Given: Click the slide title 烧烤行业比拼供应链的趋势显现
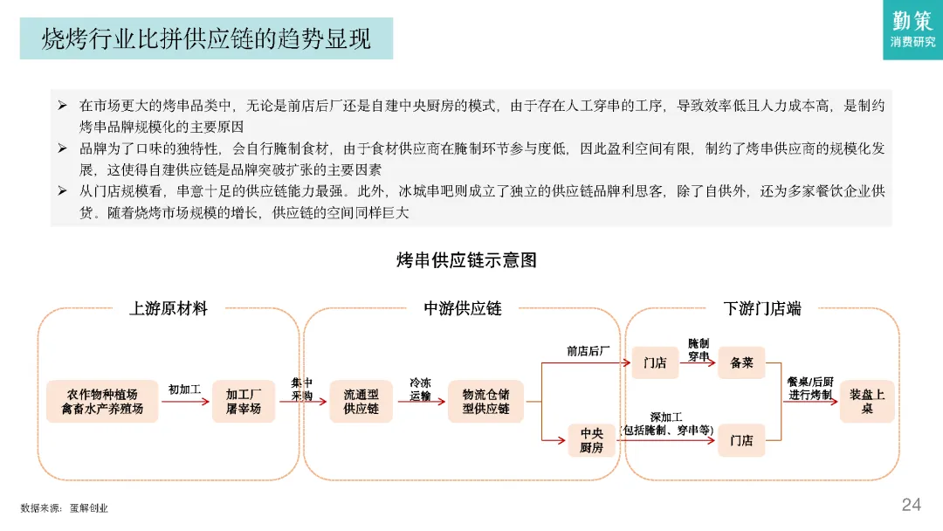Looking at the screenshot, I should pos(206,38).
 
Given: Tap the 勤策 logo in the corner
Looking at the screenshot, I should pos(912,30).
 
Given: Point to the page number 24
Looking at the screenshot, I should pos(911,505).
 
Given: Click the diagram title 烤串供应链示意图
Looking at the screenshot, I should pos(466,260).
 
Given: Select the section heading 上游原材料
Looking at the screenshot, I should pos(168,308).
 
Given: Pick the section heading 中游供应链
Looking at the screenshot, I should pos(463,308).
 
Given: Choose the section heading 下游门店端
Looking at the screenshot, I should pos(762,308).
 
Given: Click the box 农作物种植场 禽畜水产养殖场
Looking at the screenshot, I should pos(102,402).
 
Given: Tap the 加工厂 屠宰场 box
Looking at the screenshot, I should pos(244,402).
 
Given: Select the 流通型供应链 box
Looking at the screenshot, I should pos(361,402).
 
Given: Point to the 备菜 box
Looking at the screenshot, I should pos(741,363).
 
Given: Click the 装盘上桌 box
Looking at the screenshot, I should pos(867,402).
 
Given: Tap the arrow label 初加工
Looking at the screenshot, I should pos(185,389).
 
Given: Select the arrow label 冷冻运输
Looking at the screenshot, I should pos(420,390).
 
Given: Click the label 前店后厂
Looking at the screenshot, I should pos(588,351).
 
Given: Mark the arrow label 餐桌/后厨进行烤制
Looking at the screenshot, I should pos(810,389).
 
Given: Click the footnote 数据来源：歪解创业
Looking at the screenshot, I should pos(65,507).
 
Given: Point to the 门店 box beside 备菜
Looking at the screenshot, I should pos(655,363).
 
